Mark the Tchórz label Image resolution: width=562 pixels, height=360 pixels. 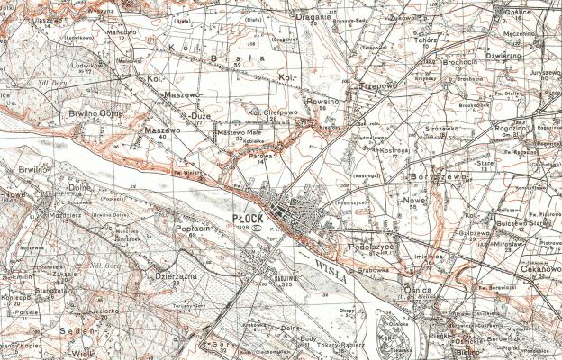click(x=425, y=39)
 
